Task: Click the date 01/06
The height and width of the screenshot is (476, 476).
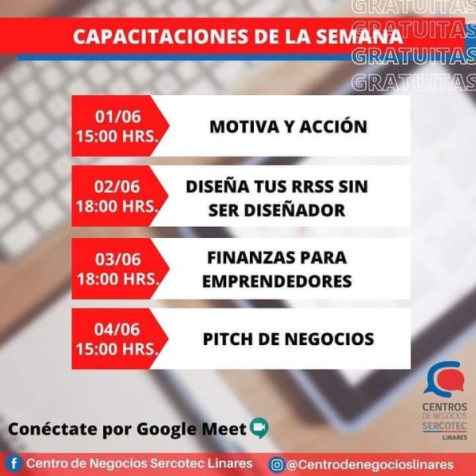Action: click(118, 117)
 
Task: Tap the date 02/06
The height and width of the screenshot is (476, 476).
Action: click(117, 186)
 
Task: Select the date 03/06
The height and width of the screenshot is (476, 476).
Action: click(118, 259)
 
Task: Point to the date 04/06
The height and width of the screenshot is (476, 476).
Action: click(117, 329)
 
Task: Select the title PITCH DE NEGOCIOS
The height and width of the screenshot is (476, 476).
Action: click(289, 339)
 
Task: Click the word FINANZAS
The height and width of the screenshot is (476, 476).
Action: click(251, 258)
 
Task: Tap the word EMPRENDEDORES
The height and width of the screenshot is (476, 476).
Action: click(277, 281)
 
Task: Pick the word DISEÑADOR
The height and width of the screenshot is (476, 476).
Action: click(294, 210)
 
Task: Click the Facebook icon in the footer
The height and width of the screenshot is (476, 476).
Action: click(13, 464)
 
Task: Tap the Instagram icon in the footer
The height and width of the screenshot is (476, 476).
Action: click(276, 465)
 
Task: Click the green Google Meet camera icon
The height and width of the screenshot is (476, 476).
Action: click(259, 428)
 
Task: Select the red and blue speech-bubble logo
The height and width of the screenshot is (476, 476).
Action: click(444, 378)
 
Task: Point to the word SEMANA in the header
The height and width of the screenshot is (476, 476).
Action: click(359, 36)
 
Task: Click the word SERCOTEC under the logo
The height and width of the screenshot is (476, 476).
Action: click(445, 426)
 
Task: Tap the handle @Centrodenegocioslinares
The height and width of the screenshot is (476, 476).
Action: click(370, 465)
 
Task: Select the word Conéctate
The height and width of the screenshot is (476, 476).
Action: click(53, 429)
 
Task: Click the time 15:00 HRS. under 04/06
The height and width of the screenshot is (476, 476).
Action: click(117, 349)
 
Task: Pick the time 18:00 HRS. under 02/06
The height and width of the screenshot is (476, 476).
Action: click(117, 206)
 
